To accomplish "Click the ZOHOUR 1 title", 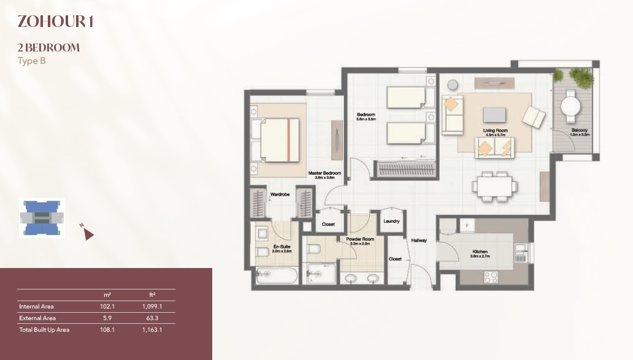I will point(55,21).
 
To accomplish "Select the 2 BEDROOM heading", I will point(49,47).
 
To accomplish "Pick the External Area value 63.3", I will point(154,318).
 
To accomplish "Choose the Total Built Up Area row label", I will point(44,329).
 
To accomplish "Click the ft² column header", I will point(154,295).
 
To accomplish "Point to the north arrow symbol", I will point(88,234).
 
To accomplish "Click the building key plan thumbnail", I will point(41,218).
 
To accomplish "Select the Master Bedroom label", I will point(321,174).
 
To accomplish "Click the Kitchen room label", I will point(480,252).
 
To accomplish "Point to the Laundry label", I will point(391,221).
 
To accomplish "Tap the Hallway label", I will point(419,240).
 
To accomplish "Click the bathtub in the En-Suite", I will point(276,275).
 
